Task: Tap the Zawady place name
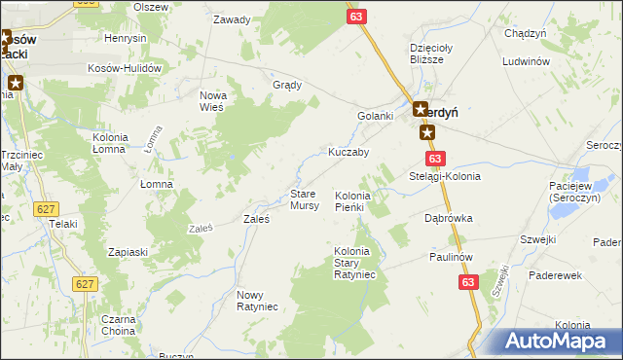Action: [x=232, y=19]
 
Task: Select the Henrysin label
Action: [x=125, y=38]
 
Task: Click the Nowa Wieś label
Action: [x=212, y=100]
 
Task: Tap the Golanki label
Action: [x=375, y=117]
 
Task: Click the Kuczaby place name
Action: [x=348, y=153]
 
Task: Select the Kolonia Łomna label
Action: [x=115, y=142]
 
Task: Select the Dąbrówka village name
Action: [x=448, y=219]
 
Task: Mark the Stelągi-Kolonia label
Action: [x=445, y=177]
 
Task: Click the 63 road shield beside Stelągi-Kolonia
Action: [x=434, y=159]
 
